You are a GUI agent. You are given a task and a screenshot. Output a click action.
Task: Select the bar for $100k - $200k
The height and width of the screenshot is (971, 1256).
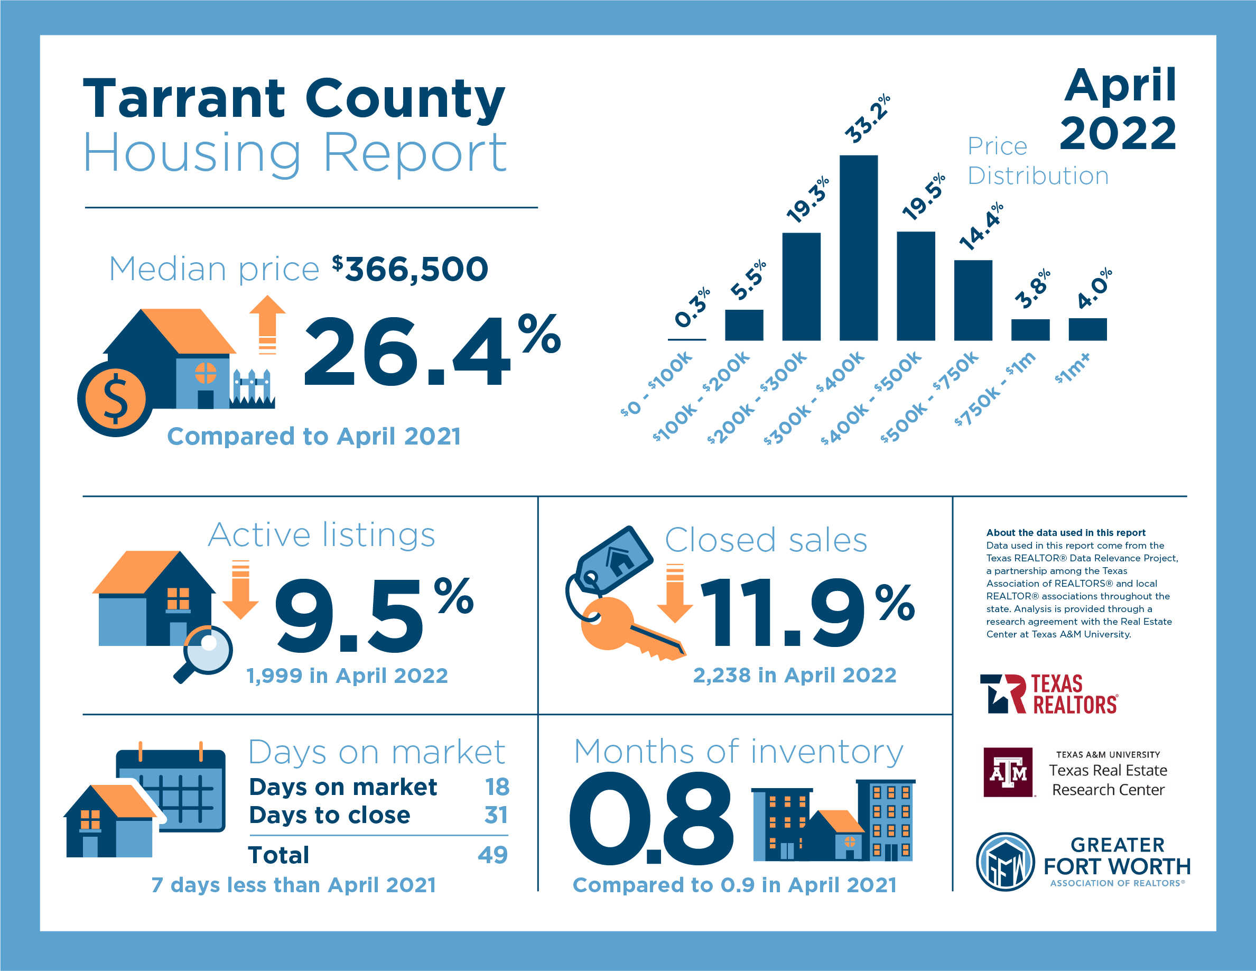[743, 325]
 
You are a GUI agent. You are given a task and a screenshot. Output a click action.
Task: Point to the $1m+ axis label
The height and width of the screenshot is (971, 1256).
[1072, 368]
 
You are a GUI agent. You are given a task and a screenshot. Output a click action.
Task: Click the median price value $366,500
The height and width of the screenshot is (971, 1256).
[410, 269]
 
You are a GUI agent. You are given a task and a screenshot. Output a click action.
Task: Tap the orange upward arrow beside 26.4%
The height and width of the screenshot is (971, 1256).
[267, 324]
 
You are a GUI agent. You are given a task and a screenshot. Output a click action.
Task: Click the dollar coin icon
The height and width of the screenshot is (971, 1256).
[115, 399]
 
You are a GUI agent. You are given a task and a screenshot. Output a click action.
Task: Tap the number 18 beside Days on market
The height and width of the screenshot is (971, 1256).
[497, 787]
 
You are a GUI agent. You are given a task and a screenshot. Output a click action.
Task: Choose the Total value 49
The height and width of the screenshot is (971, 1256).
[492, 855]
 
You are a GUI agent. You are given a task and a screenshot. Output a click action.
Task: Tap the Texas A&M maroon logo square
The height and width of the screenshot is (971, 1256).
[1008, 772]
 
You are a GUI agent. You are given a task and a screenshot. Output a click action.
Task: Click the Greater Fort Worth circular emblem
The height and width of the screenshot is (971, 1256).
[1005, 862]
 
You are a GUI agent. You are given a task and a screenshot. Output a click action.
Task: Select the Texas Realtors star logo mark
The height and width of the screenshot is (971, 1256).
[1002, 693]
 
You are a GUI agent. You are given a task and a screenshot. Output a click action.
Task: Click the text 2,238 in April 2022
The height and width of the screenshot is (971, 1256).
[794, 675]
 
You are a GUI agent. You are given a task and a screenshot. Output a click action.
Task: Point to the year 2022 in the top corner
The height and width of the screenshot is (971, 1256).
[1118, 133]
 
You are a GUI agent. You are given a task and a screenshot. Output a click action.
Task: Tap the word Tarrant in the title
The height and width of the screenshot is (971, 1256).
[184, 98]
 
